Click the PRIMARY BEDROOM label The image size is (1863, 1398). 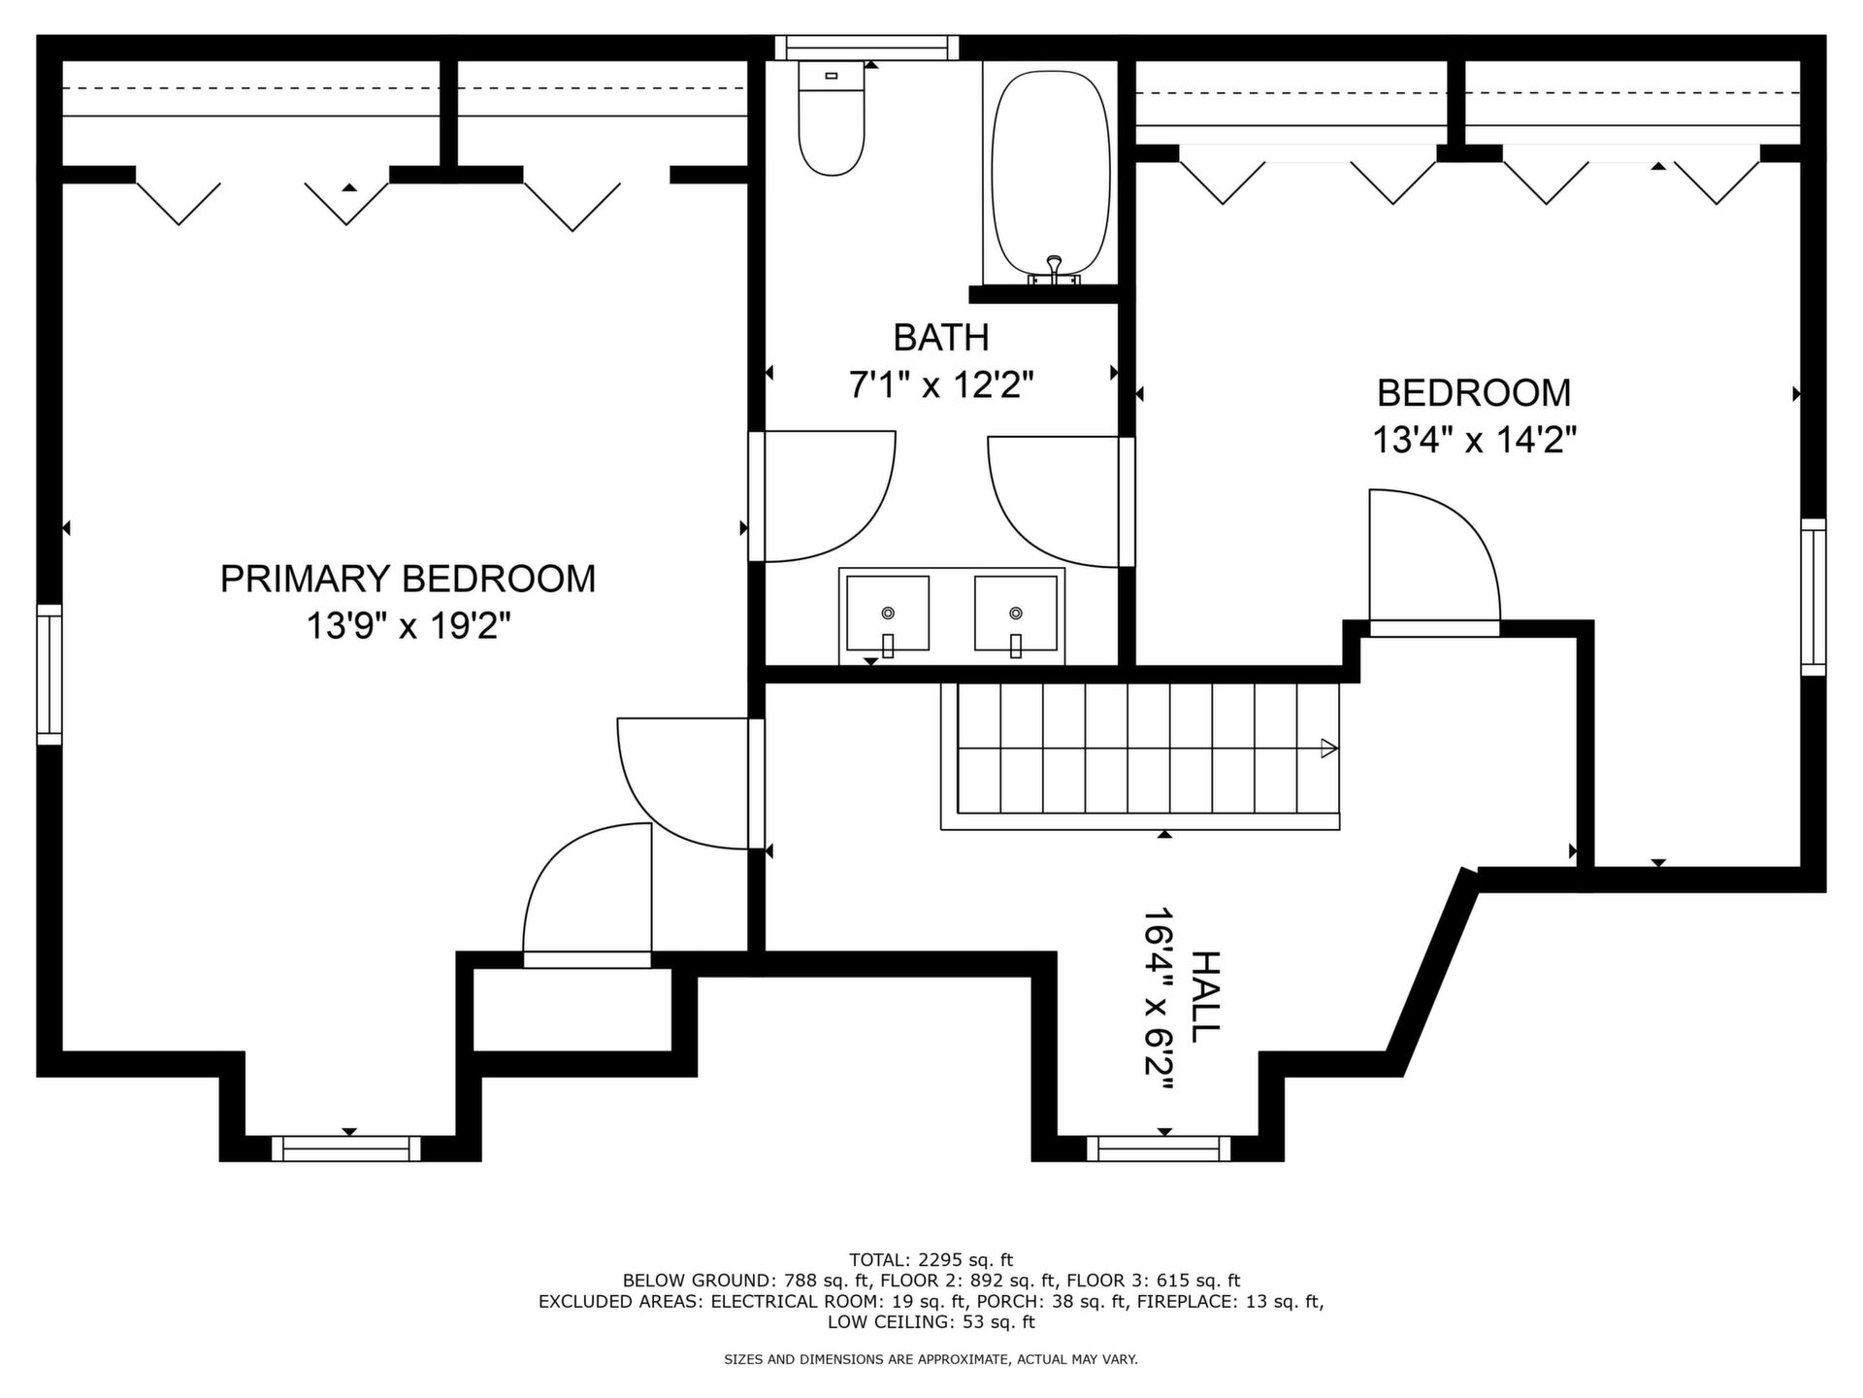[x=408, y=579]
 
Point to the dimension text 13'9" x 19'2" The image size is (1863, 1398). [x=409, y=626]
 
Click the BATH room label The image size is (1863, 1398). [x=941, y=338]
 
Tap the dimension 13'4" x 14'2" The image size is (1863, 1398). [x=1474, y=441]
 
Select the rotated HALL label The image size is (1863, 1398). [x=1204, y=997]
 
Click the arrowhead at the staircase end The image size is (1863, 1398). [x=1329, y=749]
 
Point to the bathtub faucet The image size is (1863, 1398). [x=1055, y=271]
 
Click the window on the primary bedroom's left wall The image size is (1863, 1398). [x=49, y=675]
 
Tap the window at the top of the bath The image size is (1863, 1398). [x=866, y=49]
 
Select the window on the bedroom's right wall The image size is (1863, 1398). [x=1814, y=597]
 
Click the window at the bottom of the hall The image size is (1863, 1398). [x=1159, y=1148]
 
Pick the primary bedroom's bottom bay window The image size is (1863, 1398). [x=346, y=1148]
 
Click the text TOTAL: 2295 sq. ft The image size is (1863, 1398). [x=931, y=1260]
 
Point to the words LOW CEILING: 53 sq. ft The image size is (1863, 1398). [x=931, y=1322]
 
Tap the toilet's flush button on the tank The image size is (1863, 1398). [x=831, y=75]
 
